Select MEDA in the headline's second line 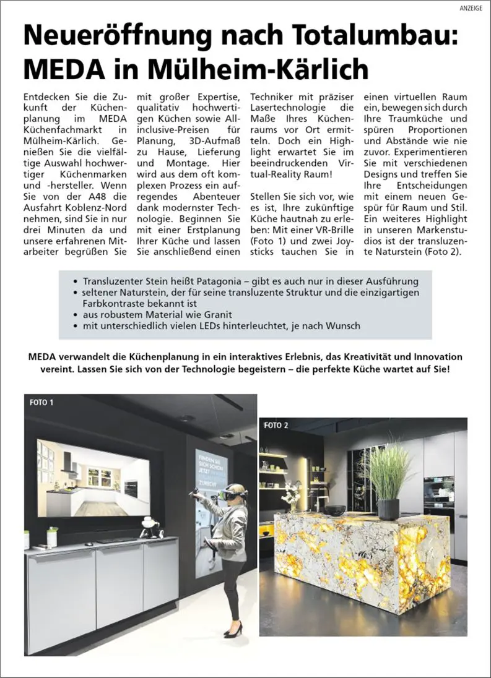64,69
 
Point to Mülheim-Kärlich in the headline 267,69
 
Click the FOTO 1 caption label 41,403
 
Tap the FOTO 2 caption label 276,425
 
